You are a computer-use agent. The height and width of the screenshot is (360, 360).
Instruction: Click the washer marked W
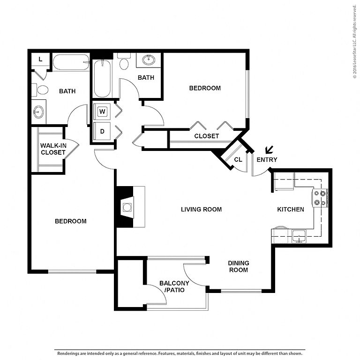[102, 112]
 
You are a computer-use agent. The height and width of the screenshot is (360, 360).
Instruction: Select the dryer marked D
[102, 131]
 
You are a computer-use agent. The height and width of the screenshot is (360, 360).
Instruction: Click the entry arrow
[269, 150]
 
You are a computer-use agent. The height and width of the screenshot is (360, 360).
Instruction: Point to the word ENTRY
[267, 159]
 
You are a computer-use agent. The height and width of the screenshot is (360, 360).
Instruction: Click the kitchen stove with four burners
[320, 198]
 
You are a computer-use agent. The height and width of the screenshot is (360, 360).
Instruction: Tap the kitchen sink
[299, 236]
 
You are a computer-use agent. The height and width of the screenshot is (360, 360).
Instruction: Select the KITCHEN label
[291, 210]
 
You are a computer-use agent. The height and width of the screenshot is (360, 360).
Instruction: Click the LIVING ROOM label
[202, 210]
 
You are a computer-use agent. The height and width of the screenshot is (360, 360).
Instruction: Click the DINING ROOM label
[239, 266]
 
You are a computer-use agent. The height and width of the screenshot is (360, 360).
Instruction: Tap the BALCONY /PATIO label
[174, 286]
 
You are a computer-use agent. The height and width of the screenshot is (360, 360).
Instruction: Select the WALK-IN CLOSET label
[53, 149]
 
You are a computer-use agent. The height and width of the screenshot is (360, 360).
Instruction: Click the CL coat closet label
[238, 159]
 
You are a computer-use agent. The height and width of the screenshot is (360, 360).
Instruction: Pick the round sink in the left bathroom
[38, 112]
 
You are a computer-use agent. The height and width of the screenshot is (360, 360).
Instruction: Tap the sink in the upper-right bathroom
[149, 60]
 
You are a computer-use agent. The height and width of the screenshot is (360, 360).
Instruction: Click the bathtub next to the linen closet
[71, 62]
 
